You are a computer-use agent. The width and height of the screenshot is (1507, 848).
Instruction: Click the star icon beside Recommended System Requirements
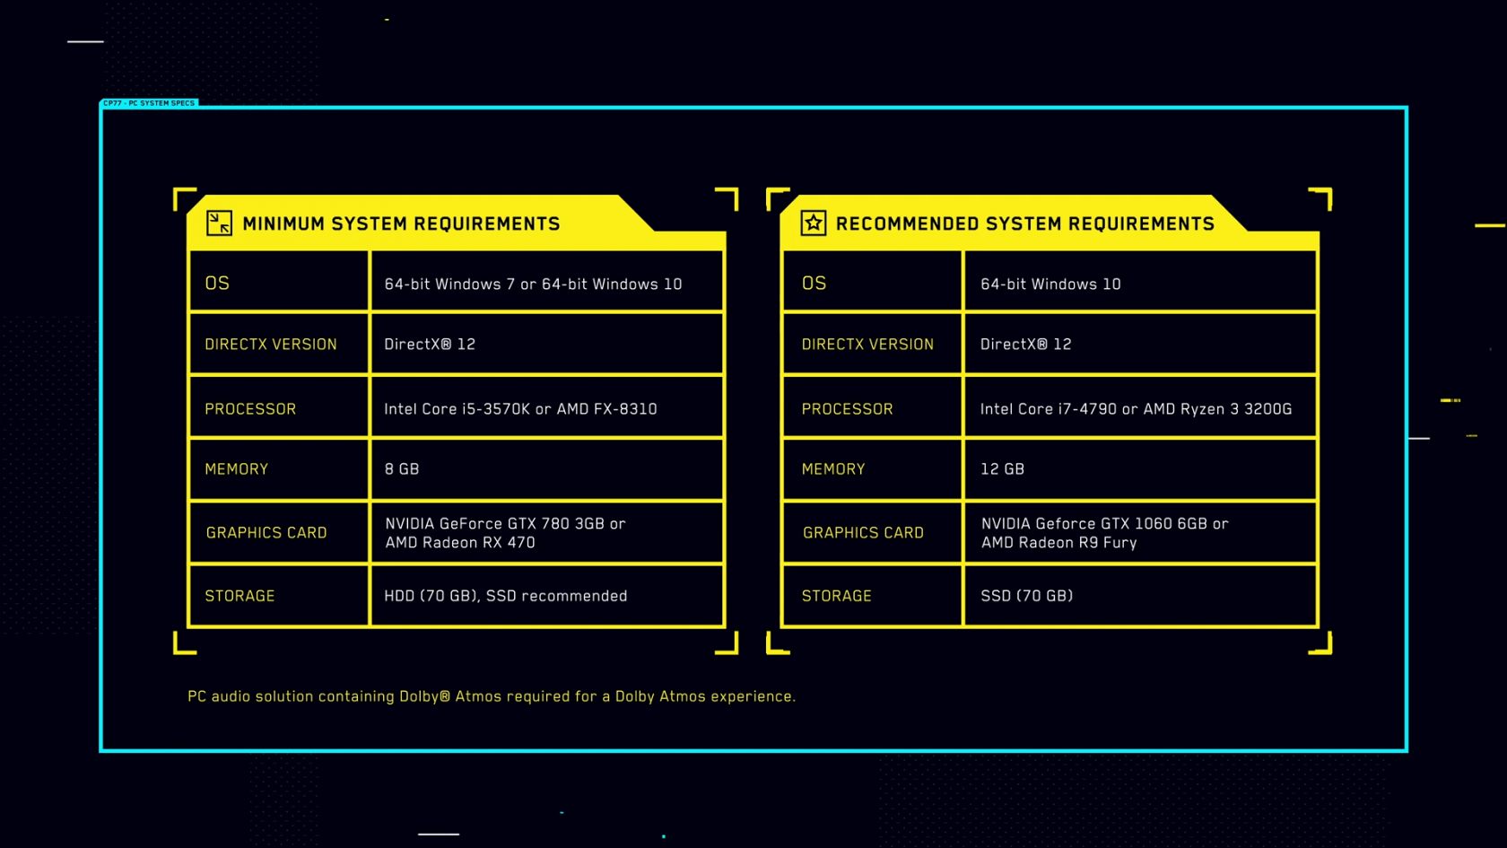814,223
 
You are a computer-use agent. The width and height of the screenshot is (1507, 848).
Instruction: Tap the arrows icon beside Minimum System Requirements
219,223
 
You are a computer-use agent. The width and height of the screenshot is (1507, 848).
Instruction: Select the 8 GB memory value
402,469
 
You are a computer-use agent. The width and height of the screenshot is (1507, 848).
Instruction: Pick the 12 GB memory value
1003,469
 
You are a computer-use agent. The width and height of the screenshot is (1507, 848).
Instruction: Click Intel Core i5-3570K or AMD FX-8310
520,409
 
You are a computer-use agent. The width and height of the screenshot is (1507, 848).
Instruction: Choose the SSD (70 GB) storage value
1026,596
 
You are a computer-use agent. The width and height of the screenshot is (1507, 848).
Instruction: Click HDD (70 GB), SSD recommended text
506,596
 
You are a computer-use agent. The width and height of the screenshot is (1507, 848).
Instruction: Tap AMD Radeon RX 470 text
460,542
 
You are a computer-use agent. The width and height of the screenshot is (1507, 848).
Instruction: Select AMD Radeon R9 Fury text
1058,542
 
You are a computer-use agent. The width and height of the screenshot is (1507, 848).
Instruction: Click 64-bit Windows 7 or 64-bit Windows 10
533,284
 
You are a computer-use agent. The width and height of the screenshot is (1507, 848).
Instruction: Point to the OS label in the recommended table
814,284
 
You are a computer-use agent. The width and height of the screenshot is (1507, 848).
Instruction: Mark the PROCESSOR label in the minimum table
250,409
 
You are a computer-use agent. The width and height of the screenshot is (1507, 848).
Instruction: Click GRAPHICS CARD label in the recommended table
863,533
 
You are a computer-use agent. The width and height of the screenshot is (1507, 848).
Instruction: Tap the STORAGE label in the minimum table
240,596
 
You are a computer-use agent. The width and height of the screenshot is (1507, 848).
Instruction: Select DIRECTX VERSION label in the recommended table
867,345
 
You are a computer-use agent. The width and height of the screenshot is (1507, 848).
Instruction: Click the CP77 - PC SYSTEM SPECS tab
149,103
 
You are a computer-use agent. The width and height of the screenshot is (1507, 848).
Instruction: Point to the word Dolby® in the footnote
424,696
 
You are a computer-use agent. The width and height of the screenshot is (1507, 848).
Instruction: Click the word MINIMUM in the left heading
283,223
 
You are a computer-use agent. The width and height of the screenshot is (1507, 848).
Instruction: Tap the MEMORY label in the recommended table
832,469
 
